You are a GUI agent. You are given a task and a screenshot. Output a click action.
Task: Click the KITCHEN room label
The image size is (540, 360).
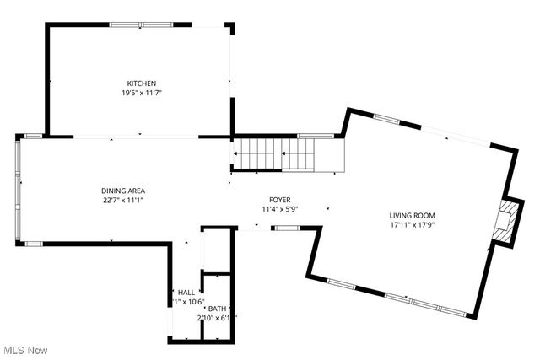pyautogui.click(x=142, y=83)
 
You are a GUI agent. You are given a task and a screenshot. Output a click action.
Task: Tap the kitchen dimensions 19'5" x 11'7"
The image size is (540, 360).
pyautogui.click(x=142, y=93)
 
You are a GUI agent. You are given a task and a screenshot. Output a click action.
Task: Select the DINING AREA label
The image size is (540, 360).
pyautogui.click(x=123, y=191)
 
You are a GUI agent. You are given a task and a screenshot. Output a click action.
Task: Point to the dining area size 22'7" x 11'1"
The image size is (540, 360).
pyautogui.click(x=123, y=201)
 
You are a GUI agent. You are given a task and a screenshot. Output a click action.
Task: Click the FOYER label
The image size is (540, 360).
pyautogui.click(x=279, y=199)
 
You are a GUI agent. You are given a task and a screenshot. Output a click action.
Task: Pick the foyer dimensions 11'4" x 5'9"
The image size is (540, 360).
pyautogui.click(x=279, y=209)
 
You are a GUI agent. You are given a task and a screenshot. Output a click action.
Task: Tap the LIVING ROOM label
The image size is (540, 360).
pyautogui.click(x=413, y=215)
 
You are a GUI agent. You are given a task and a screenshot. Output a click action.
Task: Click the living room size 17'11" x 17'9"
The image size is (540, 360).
pyautogui.click(x=413, y=225)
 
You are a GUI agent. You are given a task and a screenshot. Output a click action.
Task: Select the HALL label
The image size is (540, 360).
pyautogui.click(x=186, y=292)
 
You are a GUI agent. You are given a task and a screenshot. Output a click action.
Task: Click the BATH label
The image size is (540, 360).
pyautogui.click(x=218, y=309)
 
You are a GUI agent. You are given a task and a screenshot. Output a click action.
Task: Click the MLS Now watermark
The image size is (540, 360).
pyautogui.click(x=24, y=350)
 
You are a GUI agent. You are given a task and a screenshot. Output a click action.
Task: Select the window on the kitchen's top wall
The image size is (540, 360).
pyautogui.click(x=142, y=25)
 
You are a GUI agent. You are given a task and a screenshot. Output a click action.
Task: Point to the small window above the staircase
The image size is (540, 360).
pyautogui.click(x=315, y=135)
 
